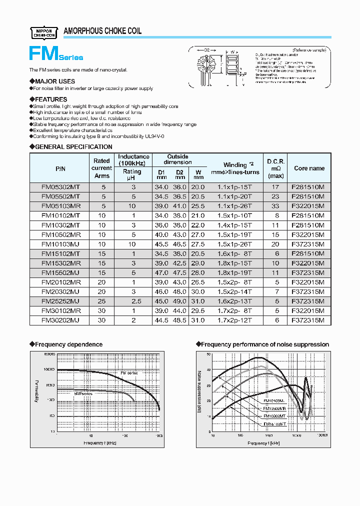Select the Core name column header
point(309,168)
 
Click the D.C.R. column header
point(275,168)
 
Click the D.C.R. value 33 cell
point(275,206)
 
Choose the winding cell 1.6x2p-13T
point(234,301)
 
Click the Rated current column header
point(101,168)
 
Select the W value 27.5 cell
point(198,244)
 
